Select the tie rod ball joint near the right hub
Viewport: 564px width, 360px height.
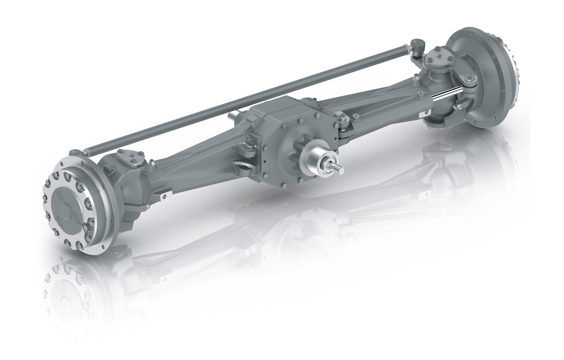pyautogui.click(x=417, y=47)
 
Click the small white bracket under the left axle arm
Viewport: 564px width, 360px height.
pyautogui.click(x=163, y=195)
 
